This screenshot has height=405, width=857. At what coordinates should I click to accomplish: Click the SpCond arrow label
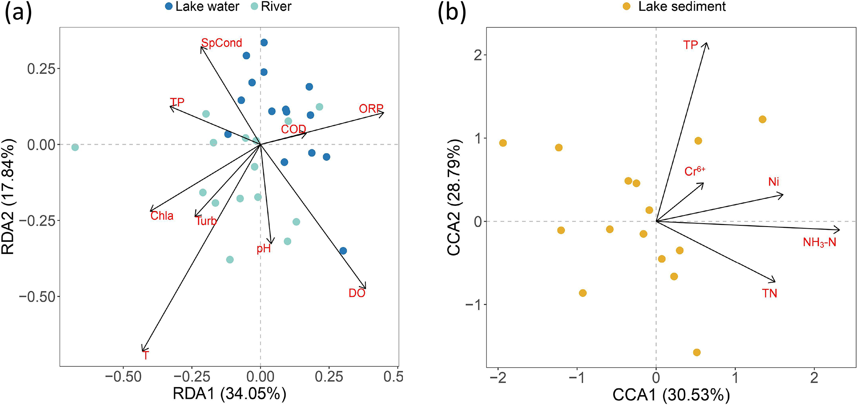[221, 43]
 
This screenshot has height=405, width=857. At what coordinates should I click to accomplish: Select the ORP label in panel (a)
[371, 109]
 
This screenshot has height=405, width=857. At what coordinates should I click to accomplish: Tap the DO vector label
[357, 293]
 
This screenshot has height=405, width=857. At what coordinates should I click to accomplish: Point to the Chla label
[162, 216]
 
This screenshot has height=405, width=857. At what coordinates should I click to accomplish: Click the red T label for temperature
[146, 356]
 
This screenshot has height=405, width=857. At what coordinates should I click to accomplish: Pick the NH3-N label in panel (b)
[819, 242]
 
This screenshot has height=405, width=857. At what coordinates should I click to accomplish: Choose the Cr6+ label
[694, 171]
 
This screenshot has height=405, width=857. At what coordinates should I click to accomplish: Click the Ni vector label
[774, 182]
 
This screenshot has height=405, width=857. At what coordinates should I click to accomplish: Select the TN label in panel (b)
[770, 293]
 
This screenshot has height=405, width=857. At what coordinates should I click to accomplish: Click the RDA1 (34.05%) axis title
[229, 393]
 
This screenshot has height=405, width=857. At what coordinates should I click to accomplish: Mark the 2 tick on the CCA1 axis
[814, 378]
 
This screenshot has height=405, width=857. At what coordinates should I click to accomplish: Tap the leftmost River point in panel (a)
[75, 147]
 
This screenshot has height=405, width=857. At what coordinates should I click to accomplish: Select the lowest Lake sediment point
[697, 352]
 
